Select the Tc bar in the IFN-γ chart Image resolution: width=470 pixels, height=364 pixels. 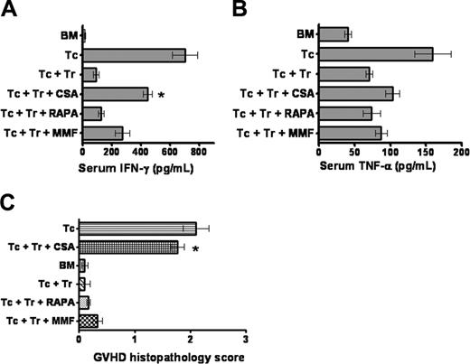[134, 55]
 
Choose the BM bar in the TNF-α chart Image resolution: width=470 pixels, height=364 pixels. [334, 34]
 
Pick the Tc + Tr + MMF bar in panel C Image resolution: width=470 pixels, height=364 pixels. [89, 321]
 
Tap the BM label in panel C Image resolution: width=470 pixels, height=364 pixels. [64, 265]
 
